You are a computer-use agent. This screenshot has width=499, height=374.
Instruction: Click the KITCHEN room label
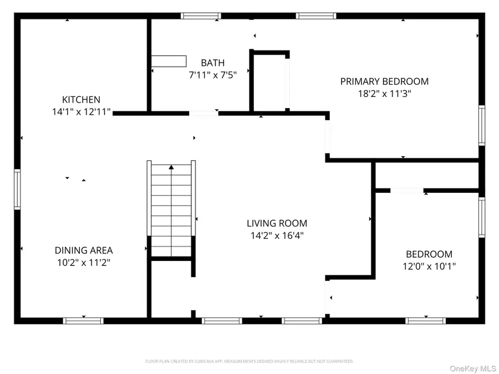pyautogui.click(x=81, y=100)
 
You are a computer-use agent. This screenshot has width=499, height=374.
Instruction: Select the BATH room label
pyautogui.click(x=212, y=63)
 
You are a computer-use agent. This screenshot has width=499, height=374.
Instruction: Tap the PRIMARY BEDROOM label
pyautogui.click(x=384, y=81)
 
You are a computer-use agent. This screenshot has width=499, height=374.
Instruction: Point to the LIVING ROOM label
pyautogui.click(x=277, y=223)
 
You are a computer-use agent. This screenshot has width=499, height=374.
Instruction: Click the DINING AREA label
pyautogui.click(x=83, y=250)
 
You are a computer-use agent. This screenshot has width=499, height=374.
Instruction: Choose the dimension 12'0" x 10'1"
pyautogui.click(x=429, y=266)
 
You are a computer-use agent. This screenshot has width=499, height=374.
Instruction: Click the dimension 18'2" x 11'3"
pyautogui.click(x=384, y=94)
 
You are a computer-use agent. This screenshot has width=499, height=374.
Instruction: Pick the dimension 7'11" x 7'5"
pyautogui.click(x=212, y=75)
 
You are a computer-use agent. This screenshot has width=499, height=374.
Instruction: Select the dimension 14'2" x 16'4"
pyautogui.click(x=277, y=235)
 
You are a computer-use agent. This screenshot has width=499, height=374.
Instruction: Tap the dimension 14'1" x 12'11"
pyautogui.click(x=81, y=112)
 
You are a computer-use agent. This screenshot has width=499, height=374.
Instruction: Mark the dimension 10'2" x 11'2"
pyautogui.click(x=83, y=263)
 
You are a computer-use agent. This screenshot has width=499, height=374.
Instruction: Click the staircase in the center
pyautogui.click(x=171, y=211)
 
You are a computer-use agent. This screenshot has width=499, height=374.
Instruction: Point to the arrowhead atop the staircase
pyautogui.click(x=171, y=166)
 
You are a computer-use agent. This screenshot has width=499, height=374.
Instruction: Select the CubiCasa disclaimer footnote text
pyautogui.click(x=249, y=361)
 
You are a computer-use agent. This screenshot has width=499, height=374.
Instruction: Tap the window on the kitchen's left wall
pyautogui.click(x=17, y=189)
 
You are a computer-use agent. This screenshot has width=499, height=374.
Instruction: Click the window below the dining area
pyautogui.click(x=83, y=320)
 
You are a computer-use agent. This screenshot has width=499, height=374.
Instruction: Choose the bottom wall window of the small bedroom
pyautogui.click(x=425, y=320)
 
